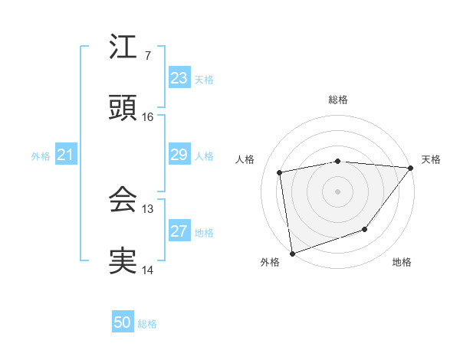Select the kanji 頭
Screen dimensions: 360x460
(123, 108)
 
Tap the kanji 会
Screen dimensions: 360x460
(123, 200)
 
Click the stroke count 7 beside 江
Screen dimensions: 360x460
(147, 55)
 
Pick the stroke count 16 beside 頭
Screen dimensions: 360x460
(147, 116)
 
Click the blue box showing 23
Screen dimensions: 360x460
(179, 78)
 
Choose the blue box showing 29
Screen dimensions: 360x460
(179, 155)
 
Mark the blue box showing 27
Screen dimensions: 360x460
(179, 231)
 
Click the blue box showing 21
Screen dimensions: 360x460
(65, 155)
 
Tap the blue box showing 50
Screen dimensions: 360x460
(123, 322)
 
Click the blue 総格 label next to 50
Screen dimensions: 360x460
(147, 324)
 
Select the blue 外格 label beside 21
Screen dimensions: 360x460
(41, 156)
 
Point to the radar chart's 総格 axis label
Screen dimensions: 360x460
(338, 100)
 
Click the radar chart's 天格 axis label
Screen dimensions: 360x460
(431, 159)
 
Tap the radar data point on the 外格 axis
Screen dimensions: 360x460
(292, 253)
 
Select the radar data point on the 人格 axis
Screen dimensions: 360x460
(281, 172)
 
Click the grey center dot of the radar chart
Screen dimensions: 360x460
(337, 191)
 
